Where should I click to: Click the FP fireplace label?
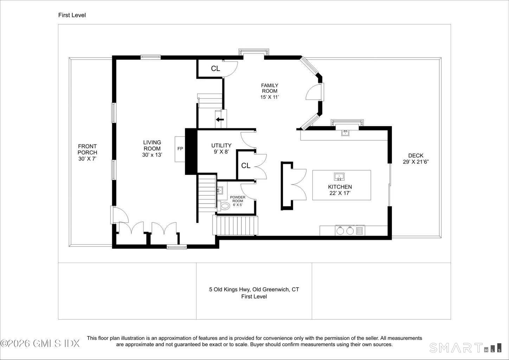180,149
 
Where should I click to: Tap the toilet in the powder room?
224,206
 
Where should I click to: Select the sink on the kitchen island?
339,176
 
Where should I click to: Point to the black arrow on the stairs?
220,120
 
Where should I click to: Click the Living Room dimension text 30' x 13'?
152,155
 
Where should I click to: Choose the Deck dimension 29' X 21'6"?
416,162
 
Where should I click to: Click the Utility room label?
221,146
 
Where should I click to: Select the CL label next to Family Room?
215,69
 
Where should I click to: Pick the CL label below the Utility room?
246,166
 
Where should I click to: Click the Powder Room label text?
238,199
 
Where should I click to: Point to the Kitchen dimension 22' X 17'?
340,193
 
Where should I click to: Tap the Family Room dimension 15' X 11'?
270,97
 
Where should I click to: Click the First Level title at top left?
72,15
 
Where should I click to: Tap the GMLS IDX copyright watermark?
40,343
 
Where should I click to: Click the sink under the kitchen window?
345,133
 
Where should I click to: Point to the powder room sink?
220,190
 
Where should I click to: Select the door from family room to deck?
315,92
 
